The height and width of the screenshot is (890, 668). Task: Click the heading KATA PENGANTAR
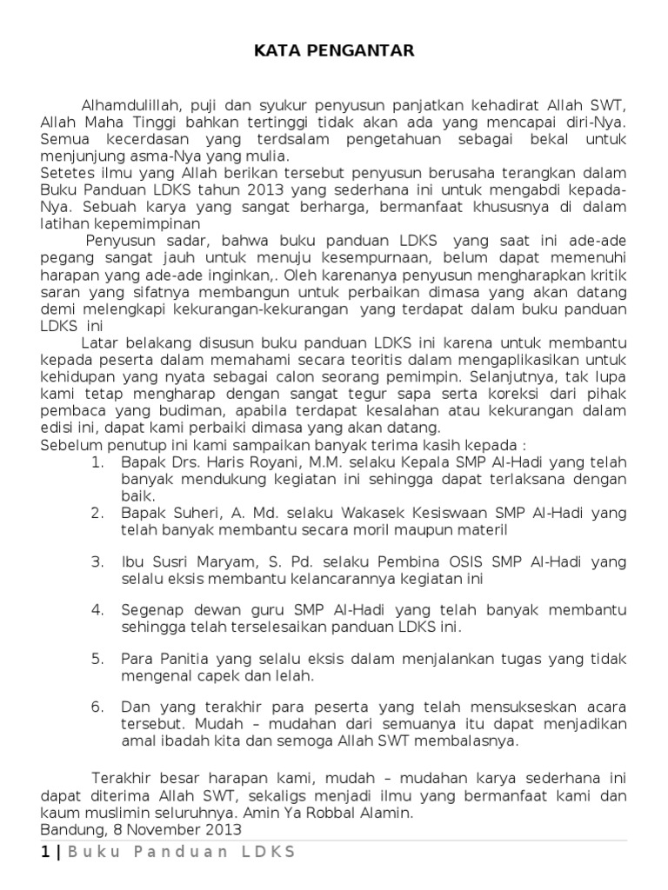point(334,52)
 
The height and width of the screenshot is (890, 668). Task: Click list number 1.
point(97,462)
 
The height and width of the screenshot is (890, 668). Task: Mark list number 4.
point(97,609)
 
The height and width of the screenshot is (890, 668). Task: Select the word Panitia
point(180,658)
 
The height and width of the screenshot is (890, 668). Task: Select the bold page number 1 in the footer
point(45,852)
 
